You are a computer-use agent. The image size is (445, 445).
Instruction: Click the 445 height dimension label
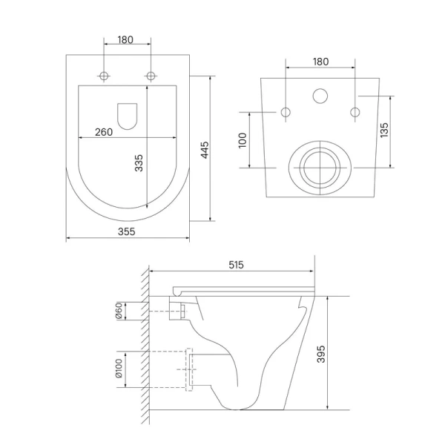point(205,150)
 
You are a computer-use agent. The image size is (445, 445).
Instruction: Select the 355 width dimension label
point(127,231)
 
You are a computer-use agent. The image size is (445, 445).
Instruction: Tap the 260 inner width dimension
point(104,132)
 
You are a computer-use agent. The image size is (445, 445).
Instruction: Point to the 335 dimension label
point(139,163)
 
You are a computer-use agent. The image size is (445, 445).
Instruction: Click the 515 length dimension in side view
point(236,265)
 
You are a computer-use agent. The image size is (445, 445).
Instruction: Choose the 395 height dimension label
point(321,354)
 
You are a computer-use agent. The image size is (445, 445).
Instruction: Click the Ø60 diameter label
point(119,311)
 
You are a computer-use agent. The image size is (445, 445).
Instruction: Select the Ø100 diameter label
point(119,369)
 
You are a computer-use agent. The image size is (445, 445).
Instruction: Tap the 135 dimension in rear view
point(384,131)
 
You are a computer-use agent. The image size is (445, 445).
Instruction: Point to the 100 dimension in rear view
point(243,140)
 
